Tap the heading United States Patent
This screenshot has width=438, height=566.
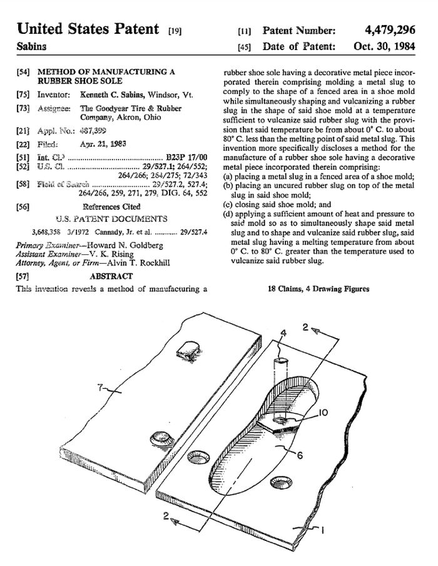[x=88, y=29]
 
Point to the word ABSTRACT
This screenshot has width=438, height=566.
[x=111, y=276]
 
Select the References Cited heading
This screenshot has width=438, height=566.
[x=111, y=207]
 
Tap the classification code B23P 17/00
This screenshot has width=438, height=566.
[x=188, y=157]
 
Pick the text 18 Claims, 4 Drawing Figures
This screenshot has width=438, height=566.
[x=318, y=289]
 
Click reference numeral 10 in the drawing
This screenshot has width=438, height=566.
[x=323, y=413]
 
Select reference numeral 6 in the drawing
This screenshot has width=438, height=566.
[x=299, y=455]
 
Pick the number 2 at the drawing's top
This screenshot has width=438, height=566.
[x=305, y=327]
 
